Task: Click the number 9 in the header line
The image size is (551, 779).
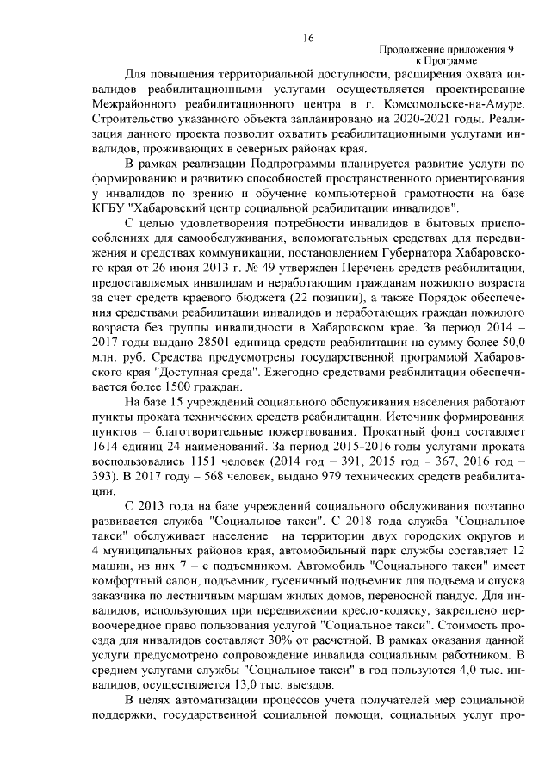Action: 510,52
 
